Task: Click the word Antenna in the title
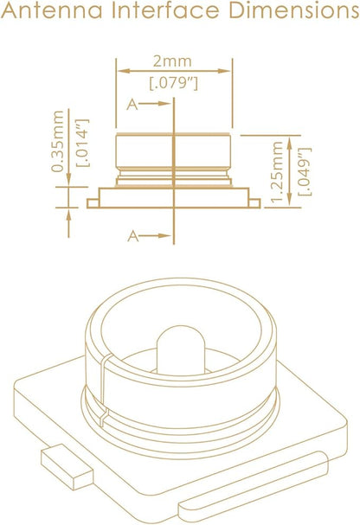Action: pyautogui.click(x=52, y=10)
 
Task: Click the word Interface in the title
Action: pyautogui.click(x=166, y=10)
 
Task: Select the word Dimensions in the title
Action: pyautogui.click(x=294, y=10)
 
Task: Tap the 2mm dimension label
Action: pyautogui.click(x=172, y=61)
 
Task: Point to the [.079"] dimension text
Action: pyautogui.click(x=173, y=83)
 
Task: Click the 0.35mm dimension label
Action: pyautogui.click(x=57, y=141)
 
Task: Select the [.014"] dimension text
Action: pyautogui.click(x=83, y=143)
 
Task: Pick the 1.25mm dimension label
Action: pyautogui.click(x=277, y=172)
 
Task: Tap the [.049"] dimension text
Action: pyautogui.click(x=305, y=171)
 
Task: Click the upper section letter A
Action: pyautogui.click(x=132, y=105)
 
